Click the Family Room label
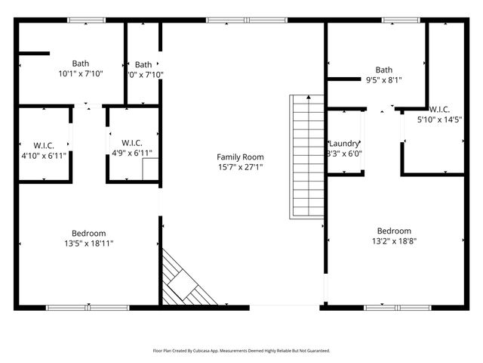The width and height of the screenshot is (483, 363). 240,157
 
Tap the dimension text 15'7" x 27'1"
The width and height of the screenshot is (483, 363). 240,167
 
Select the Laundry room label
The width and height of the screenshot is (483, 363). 344,143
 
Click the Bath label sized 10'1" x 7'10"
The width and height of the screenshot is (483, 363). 80,64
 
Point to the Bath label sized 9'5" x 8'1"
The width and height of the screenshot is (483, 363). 383,70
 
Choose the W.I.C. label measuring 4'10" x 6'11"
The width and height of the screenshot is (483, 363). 44,144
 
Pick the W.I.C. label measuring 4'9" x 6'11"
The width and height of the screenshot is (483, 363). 132,144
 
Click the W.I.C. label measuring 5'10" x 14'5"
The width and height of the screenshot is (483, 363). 439,109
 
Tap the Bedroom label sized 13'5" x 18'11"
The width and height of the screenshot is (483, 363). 88,234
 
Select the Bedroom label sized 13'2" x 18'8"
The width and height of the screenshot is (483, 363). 394,231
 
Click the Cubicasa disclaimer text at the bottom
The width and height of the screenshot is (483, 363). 241,351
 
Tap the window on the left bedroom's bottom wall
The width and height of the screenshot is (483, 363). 88,308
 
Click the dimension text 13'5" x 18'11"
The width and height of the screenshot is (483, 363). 88,244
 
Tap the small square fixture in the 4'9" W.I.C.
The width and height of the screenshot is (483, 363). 149,168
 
